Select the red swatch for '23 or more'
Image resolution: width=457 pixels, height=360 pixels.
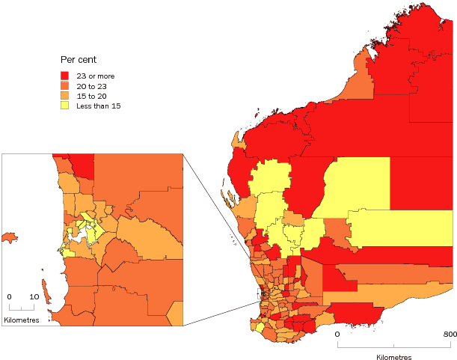click(x=65, y=76)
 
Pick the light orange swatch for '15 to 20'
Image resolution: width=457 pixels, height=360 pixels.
click(x=65, y=96)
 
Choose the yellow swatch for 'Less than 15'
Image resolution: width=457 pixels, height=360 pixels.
click(x=65, y=106)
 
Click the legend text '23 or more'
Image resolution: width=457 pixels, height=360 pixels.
click(x=95, y=76)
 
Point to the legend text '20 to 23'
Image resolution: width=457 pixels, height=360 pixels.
click(x=91, y=85)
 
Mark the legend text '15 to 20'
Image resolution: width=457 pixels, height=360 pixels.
click(x=91, y=96)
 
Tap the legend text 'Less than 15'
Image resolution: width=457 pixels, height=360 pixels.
click(x=99, y=106)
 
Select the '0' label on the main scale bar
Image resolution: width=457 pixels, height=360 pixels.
click(x=337, y=334)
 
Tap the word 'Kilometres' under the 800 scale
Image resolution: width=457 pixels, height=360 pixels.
click(x=393, y=357)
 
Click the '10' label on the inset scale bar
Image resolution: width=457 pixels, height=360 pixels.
click(x=34, y=296)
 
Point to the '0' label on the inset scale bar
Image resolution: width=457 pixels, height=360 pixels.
click(x=10, y=296)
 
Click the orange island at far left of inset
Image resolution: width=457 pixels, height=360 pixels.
click(x=9, y=238)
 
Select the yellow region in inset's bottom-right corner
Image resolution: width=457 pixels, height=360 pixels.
click(x=177, y=314)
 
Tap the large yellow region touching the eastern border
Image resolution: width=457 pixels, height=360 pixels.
click(x=401, y=228)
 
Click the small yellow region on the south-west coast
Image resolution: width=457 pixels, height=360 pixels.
click(x=260, y=326)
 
